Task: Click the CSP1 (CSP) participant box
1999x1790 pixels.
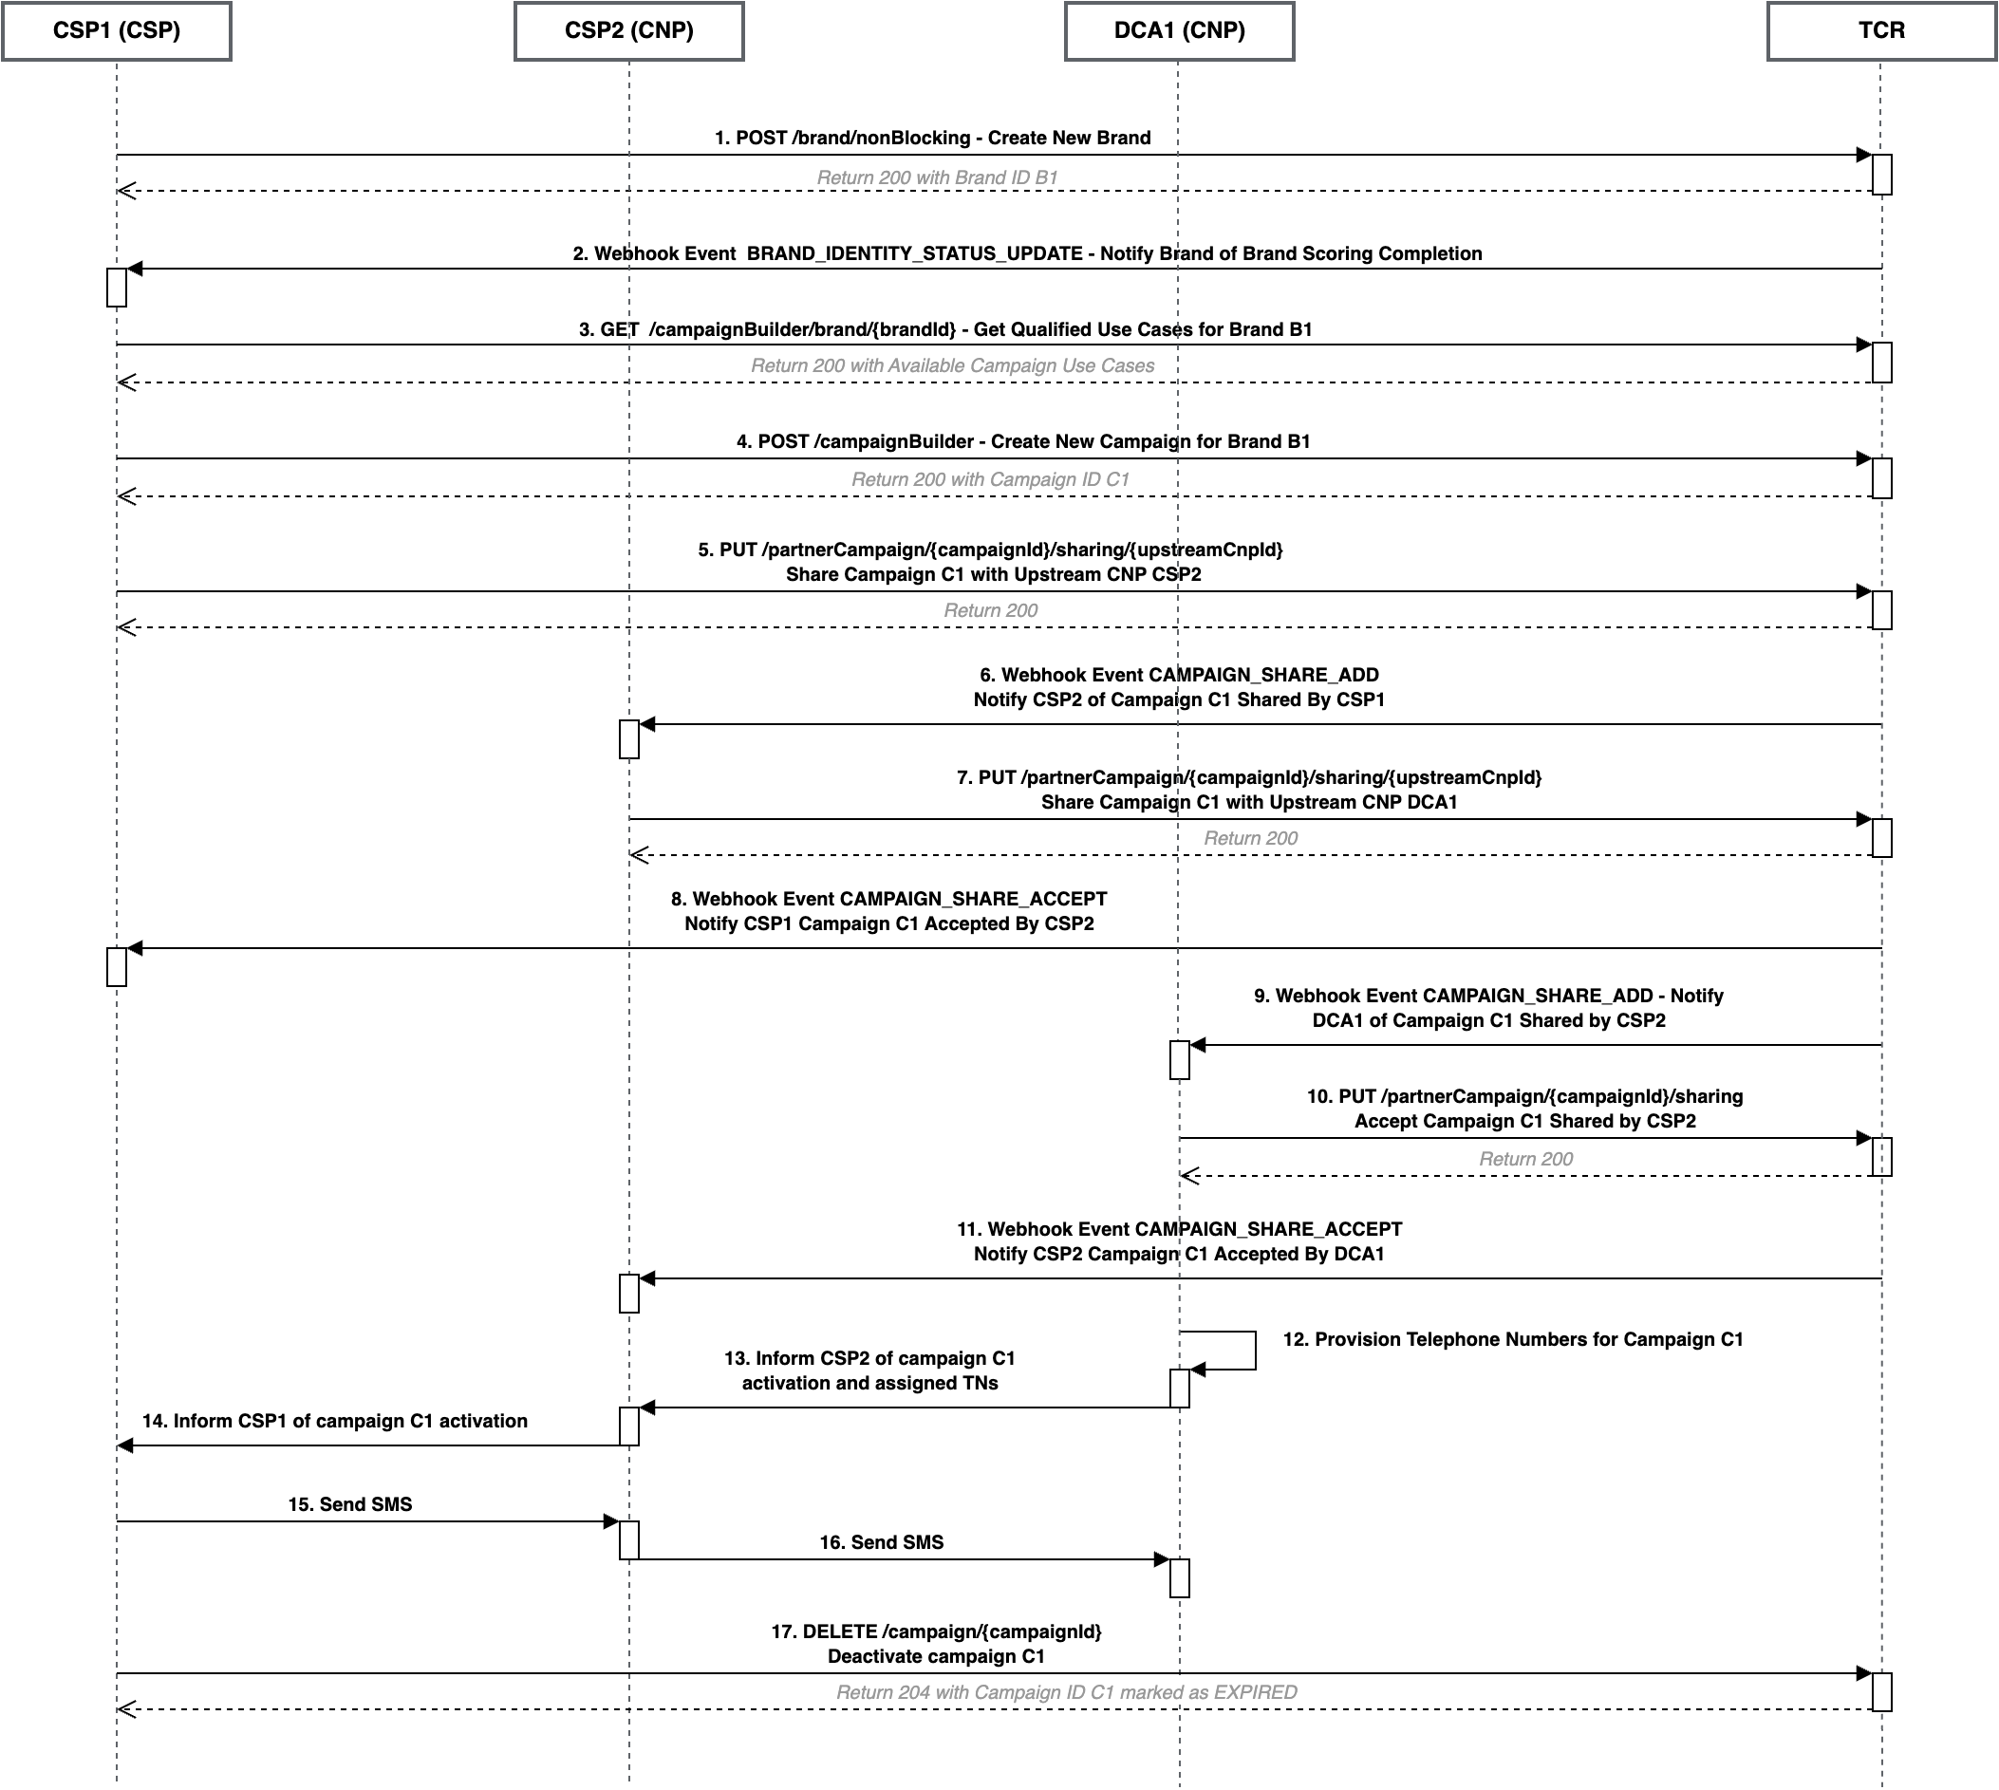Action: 116,31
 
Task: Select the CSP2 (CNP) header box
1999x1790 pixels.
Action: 628,31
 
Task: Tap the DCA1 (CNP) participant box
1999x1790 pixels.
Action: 1179,31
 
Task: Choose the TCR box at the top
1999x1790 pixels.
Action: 1881,31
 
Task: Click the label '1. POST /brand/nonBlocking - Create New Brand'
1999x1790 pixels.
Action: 931,138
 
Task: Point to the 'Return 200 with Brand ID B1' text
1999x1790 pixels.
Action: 937,178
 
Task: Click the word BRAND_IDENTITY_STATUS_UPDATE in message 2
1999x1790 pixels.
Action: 914,253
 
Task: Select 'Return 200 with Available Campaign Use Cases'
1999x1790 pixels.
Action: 952,365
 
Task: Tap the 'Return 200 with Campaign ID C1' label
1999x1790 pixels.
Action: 990,480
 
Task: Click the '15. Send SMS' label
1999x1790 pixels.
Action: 349,1504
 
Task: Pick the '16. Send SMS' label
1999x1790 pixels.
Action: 881,1542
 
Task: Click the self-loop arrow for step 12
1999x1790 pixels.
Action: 1254,1351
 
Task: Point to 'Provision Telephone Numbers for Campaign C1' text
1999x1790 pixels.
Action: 1528,1339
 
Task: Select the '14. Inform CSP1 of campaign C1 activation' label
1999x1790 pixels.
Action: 334,1421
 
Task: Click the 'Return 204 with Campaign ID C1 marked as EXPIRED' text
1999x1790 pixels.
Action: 1065,1692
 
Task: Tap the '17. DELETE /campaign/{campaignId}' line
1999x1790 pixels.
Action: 936,1632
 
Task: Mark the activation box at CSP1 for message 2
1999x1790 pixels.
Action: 116,288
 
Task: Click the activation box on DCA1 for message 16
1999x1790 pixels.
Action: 1179,1577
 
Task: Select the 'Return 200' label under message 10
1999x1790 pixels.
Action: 1524,1160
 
